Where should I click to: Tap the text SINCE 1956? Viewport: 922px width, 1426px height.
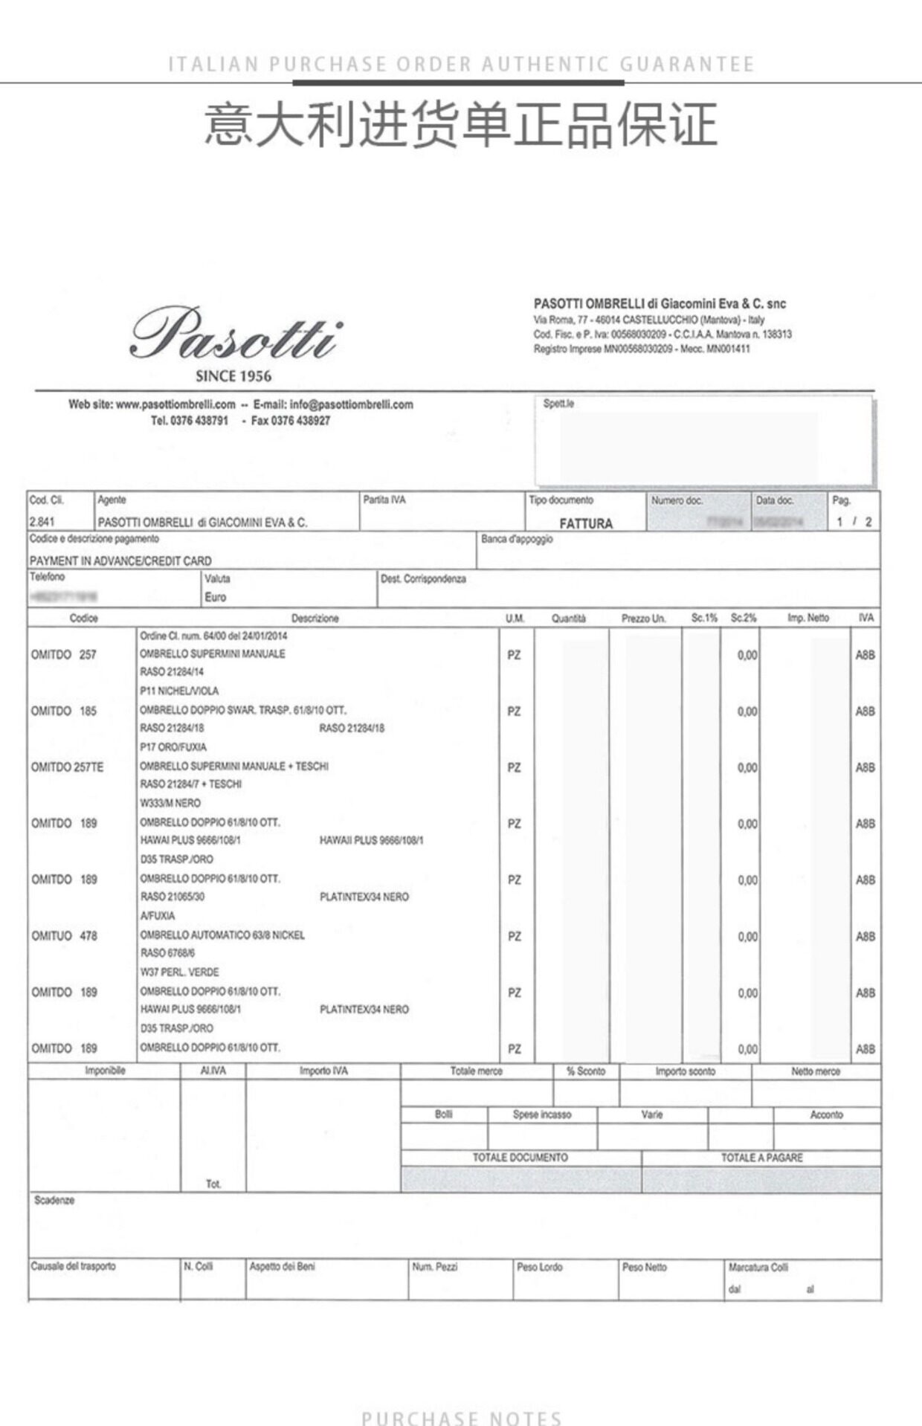pyautogui.click(x=233, y=376)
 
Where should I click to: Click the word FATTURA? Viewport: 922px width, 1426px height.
pyautogui.click(x=586, y=523)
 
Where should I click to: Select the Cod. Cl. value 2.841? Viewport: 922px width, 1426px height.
pyautogui.click(x=42, y=522)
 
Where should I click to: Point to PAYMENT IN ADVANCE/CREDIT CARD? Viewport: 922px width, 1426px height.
pyautogui.click(x=120, y=561)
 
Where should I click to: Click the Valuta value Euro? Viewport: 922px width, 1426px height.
pyautogui.click(x=216, y=597)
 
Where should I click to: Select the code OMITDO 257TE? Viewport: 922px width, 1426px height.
pyautogui.click(x=67, y=767)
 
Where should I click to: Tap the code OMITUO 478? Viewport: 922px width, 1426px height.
pyautogui.click(x=64, y=935)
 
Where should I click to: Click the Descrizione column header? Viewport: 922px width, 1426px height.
pyautogui.click(x=315, y=618)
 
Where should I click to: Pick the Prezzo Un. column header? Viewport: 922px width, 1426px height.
pyautogui.click(x=643, y=618)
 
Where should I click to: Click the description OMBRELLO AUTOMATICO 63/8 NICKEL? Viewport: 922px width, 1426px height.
pyautogui.click(x=222, y=935)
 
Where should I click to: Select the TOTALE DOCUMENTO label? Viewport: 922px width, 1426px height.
pyautogui.click(x=520, y=1158)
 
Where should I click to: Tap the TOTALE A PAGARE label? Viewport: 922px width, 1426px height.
pyautogui.click(x=761, y=1158)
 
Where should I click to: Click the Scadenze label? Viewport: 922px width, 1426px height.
pyautogui.click(x=54, y=1200)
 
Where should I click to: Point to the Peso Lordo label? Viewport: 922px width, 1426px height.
pyautogui.click(x=539, y=1267)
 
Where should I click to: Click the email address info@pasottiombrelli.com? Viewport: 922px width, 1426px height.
pyautogui.click(x=351, y=404)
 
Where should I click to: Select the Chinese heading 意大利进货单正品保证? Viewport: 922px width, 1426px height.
pyautogui.click(x=461, y=124)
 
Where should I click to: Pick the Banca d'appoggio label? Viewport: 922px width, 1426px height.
pyautogui.click(x=517, y=539)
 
